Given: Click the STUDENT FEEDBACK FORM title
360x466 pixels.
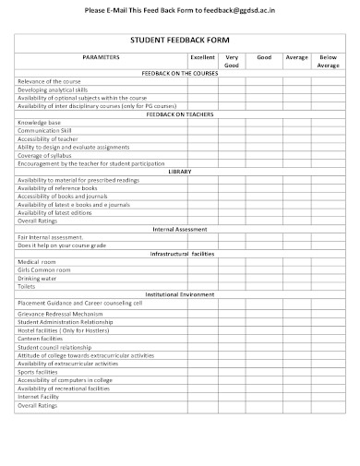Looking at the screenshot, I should point(179,41).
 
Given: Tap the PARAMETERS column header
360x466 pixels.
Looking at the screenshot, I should point(101,57).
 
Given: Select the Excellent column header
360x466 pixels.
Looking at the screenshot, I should point(202,57).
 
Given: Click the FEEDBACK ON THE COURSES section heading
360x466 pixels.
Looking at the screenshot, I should point(179,72).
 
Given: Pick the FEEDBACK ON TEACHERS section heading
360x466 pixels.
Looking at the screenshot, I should point(179,114).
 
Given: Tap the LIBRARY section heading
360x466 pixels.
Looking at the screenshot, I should point(179,172).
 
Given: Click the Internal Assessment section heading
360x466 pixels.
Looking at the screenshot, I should point(179,228).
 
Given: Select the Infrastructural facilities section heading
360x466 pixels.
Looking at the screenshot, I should point(179,252).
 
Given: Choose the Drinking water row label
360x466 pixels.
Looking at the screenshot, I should point(37,277).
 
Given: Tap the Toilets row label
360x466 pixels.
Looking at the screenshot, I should point(27,285).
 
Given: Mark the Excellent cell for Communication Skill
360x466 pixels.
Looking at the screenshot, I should point(202,130).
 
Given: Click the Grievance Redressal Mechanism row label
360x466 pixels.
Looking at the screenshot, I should point(60,313).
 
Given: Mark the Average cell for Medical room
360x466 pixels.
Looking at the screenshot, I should point(296,261).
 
